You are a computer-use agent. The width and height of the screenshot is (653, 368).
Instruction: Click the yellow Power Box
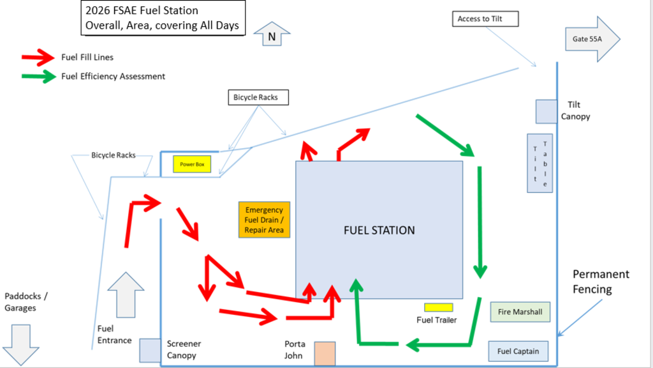tap(192, 164)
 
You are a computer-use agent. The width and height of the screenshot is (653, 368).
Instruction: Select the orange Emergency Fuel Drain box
tap(264, 220)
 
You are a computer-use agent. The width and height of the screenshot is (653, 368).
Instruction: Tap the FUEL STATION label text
tap(379, 230)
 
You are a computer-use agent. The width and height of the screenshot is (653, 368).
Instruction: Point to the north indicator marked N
tap(272, 35)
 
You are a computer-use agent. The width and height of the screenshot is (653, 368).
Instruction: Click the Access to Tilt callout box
tap(485, 19)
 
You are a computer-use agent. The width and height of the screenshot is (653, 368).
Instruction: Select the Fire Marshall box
tap(519, 312)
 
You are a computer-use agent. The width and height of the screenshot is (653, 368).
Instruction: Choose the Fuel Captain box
tap(518, 351)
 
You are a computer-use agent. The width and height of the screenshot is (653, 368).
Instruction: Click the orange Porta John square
tap(325, 354)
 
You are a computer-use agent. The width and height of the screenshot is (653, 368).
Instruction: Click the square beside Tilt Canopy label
tap(546, 111)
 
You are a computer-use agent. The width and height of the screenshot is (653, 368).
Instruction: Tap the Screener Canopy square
tap(149, 350)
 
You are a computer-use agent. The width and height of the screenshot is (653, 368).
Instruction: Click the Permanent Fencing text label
tap(601, 281)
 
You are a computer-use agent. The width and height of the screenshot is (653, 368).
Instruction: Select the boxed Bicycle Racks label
tap(258, 98)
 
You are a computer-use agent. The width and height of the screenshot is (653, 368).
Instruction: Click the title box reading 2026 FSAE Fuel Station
tap(163, 18)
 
